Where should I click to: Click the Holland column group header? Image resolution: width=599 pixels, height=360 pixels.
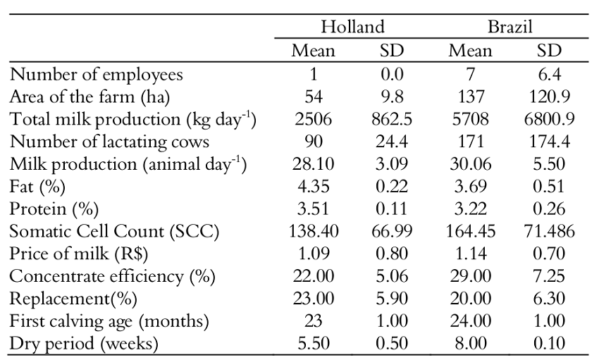click(x=352, y=27)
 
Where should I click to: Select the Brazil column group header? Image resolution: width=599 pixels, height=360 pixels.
click(x=510, y=27)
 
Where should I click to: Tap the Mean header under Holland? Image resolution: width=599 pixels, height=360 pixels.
click(x=314, y=51)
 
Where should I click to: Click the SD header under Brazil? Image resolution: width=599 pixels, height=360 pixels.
click(x=550, y=51)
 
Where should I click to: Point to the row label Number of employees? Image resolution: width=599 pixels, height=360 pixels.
click(x=97, y=74)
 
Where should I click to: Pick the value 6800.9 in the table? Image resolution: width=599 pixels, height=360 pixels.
click(x=550, y=119)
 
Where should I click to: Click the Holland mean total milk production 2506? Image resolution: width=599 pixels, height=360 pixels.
click(x=314, y=119)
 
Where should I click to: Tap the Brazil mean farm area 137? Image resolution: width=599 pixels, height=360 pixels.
click(x=471, y=97)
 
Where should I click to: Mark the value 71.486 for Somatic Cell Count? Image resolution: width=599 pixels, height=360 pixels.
click(x=550, y=232)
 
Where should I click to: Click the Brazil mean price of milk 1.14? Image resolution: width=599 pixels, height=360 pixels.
click(x=471, y=254)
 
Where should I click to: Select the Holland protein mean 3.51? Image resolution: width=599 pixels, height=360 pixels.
click(x=314, y=209)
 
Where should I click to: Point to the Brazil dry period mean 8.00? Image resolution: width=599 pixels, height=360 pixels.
click(x=471, y=344)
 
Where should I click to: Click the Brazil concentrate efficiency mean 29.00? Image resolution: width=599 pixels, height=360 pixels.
click(x=471, y=277)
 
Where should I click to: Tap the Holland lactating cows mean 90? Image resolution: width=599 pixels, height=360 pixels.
click(x=314, y=142)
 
